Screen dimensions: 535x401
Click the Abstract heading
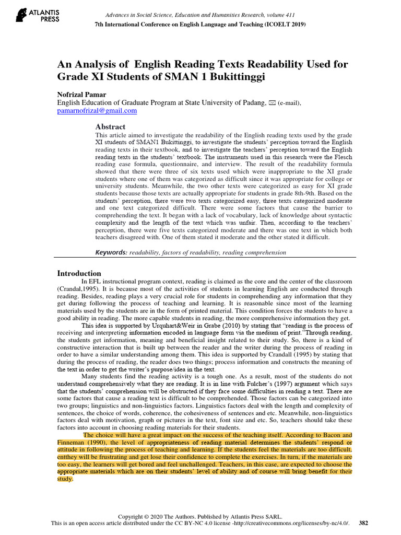point(110,126)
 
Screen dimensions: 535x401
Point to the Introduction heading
point(79,273)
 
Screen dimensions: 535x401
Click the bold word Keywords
point(111,252)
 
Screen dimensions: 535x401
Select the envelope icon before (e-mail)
point(272,103)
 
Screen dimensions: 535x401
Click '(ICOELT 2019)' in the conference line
point(281,24)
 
